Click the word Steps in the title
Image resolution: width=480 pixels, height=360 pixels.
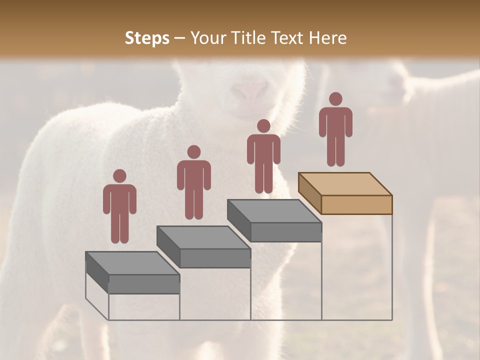tap(147, 38)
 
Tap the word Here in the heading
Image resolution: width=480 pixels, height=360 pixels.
tap(327, 38)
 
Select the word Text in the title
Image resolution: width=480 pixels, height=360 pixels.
tap(289, 38)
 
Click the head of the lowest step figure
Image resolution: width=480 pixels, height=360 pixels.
tap(119, 176)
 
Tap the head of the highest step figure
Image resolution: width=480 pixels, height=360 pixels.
tap(335, 99)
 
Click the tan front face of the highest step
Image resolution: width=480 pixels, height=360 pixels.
tap(356, 204)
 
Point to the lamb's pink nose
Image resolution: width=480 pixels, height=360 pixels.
tap(249, 91)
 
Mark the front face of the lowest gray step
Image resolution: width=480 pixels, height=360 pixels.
tap(144, 283)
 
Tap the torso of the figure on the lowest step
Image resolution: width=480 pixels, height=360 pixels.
tap(119, 200)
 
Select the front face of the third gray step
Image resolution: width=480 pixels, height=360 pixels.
tap(285, 231)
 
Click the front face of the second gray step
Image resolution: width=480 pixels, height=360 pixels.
tap(215, 257)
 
